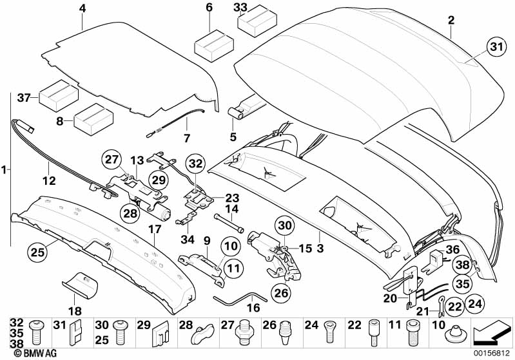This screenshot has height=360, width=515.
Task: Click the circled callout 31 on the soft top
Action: click(x=494, y=46)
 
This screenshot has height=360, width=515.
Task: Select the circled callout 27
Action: click(x=112, y=160)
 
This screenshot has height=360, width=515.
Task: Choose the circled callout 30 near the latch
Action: click(x=284, y=225)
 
